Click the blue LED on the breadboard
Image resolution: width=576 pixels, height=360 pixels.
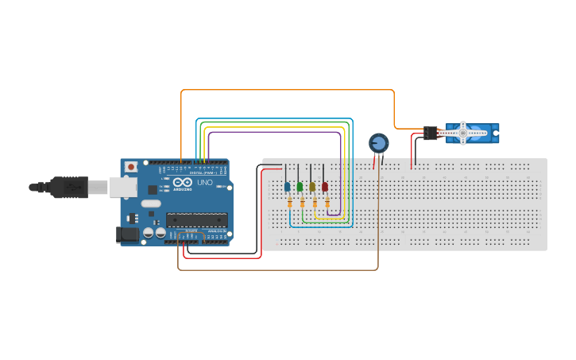tap(287, 187)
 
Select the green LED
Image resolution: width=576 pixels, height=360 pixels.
tap(300, 187)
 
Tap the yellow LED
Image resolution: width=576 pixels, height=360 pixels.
tap(312, 187)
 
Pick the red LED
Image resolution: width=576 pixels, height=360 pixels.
tap(325, 187)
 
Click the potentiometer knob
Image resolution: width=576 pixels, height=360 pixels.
tap(379, 143)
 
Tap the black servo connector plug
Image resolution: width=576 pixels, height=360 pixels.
tap(431, 133)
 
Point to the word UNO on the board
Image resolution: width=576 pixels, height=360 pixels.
tap(204, 183)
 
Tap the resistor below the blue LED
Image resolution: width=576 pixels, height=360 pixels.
tap(290, 203)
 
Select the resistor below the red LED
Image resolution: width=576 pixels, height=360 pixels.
tap(327, 203)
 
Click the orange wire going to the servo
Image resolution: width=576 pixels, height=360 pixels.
tap(286, 90)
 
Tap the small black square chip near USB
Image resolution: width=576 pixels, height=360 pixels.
tap(152, 190)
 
